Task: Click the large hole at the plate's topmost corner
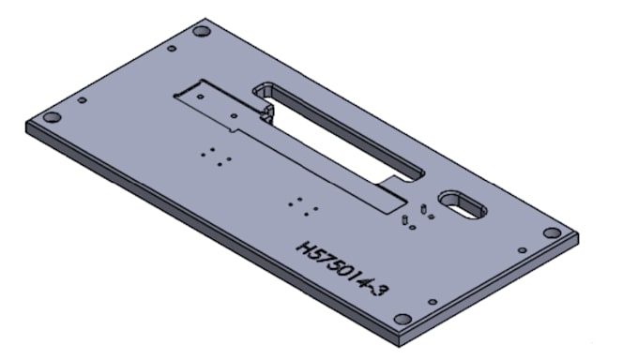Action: point(202,31)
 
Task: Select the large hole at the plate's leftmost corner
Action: point(53,117)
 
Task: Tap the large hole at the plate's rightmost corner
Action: point(552,233)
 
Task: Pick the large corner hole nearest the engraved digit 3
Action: point(403,319)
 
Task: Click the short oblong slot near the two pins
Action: point(463,204)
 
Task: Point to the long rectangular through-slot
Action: point(339,131)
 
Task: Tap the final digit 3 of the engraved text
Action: point(382,290)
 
